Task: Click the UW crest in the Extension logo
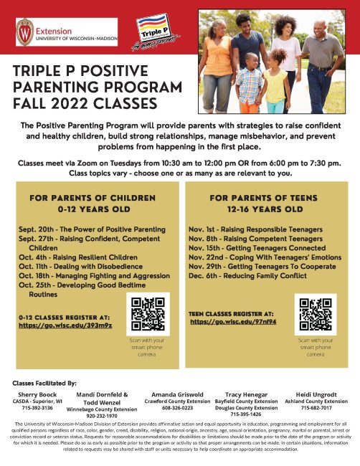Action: (x=26, y=32)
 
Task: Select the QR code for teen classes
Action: (x=316, y=313)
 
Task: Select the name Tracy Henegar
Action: (x=246, y=394)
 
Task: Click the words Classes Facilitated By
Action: (x=43, y=383)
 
